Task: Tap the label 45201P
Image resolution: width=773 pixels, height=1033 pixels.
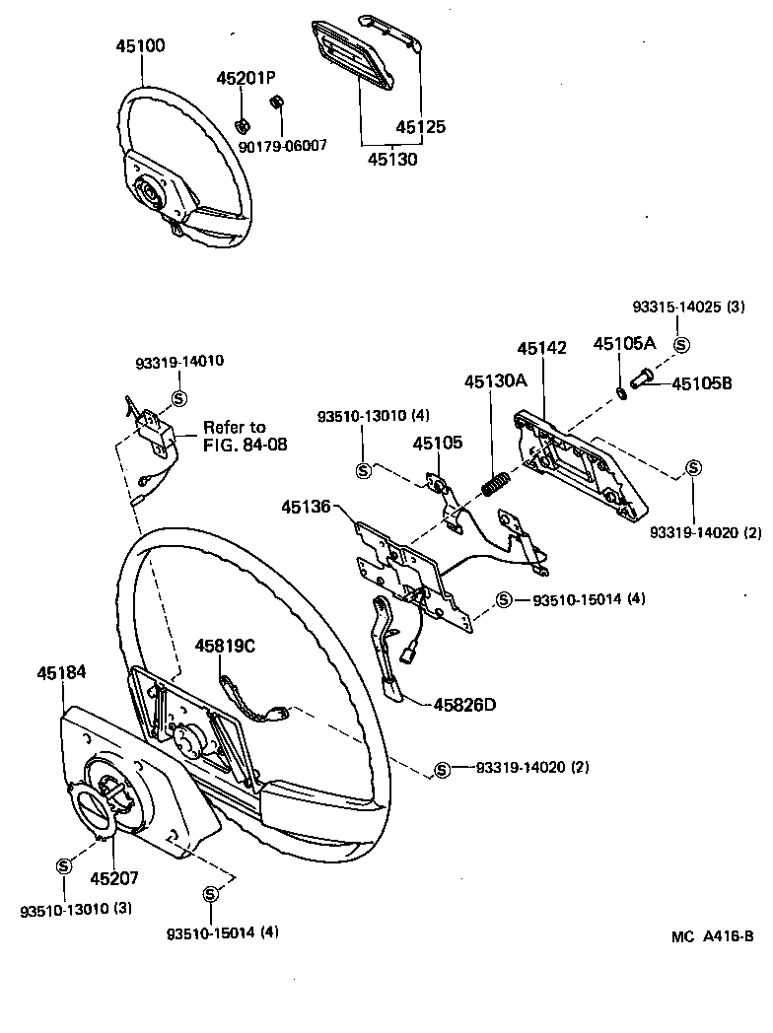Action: point(246,78)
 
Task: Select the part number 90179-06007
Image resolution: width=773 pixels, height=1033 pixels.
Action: point(283,145)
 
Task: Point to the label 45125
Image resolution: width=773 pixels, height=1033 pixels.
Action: point(421,127)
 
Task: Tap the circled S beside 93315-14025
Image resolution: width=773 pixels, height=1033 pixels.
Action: point(680,344)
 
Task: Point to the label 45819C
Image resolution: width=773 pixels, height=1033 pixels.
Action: point(225,646)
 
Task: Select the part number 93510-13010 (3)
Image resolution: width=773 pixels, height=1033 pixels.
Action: point(76,908)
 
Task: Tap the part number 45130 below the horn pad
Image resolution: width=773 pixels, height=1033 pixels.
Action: point(391,158)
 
